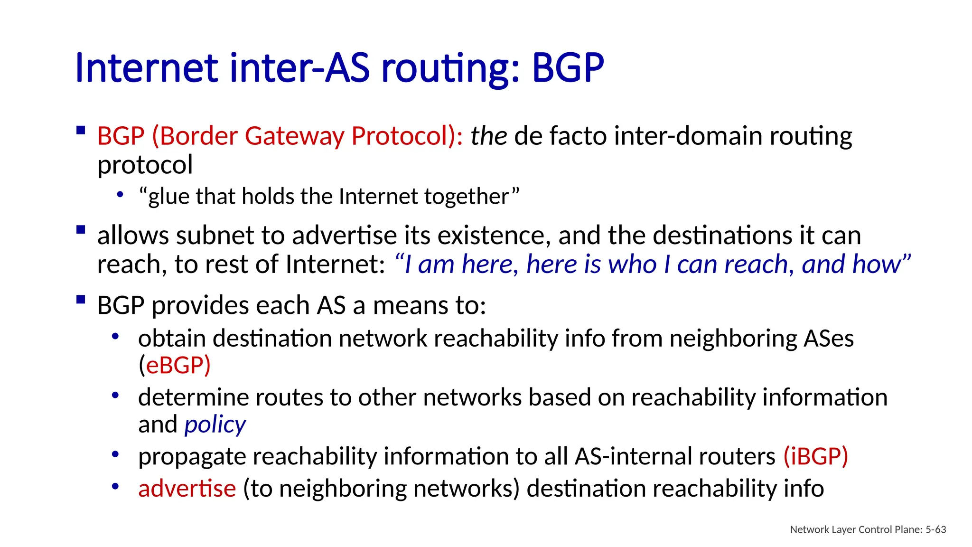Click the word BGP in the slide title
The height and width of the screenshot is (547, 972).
[568, 68]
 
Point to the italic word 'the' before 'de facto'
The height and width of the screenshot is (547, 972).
[488, 136]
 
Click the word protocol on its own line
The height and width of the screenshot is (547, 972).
[145, 165]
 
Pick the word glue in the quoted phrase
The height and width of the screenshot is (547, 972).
[168, 197]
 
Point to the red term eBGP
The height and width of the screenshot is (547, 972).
[175, 365]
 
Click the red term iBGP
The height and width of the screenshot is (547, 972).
[815, 456]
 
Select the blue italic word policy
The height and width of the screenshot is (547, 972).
[215, 424]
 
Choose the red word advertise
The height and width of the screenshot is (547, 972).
[187, 489]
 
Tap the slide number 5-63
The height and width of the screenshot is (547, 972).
[935, 529]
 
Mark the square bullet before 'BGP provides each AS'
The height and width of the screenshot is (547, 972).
[81, 300]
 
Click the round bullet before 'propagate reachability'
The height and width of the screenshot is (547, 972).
[115, 454]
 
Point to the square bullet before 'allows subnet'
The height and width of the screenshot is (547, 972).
[81, 230]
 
